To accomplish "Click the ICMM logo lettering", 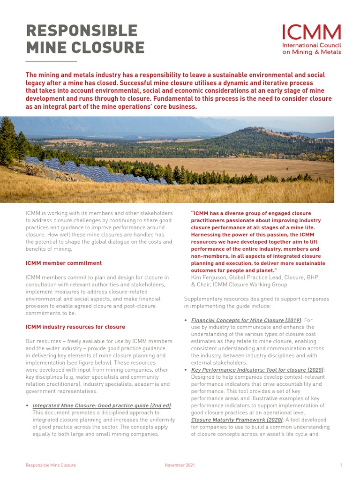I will tap(311, 32).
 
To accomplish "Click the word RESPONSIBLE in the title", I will tap(82, 30).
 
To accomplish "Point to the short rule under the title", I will tap(51, 61).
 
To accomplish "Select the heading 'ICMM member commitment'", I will tap(63, 263).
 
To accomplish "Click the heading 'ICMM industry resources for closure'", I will tap(75, 327).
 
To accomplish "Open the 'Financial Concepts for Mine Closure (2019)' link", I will tap(246, 320).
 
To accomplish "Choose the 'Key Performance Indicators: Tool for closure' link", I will tap(257, 370).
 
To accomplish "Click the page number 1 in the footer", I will tap(341, 465).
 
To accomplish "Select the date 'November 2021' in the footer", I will tap(180, 465).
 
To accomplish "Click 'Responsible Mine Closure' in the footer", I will tap(51, 465).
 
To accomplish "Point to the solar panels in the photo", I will tap(94, 172).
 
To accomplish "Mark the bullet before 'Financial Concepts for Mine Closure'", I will tap(186, 321).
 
